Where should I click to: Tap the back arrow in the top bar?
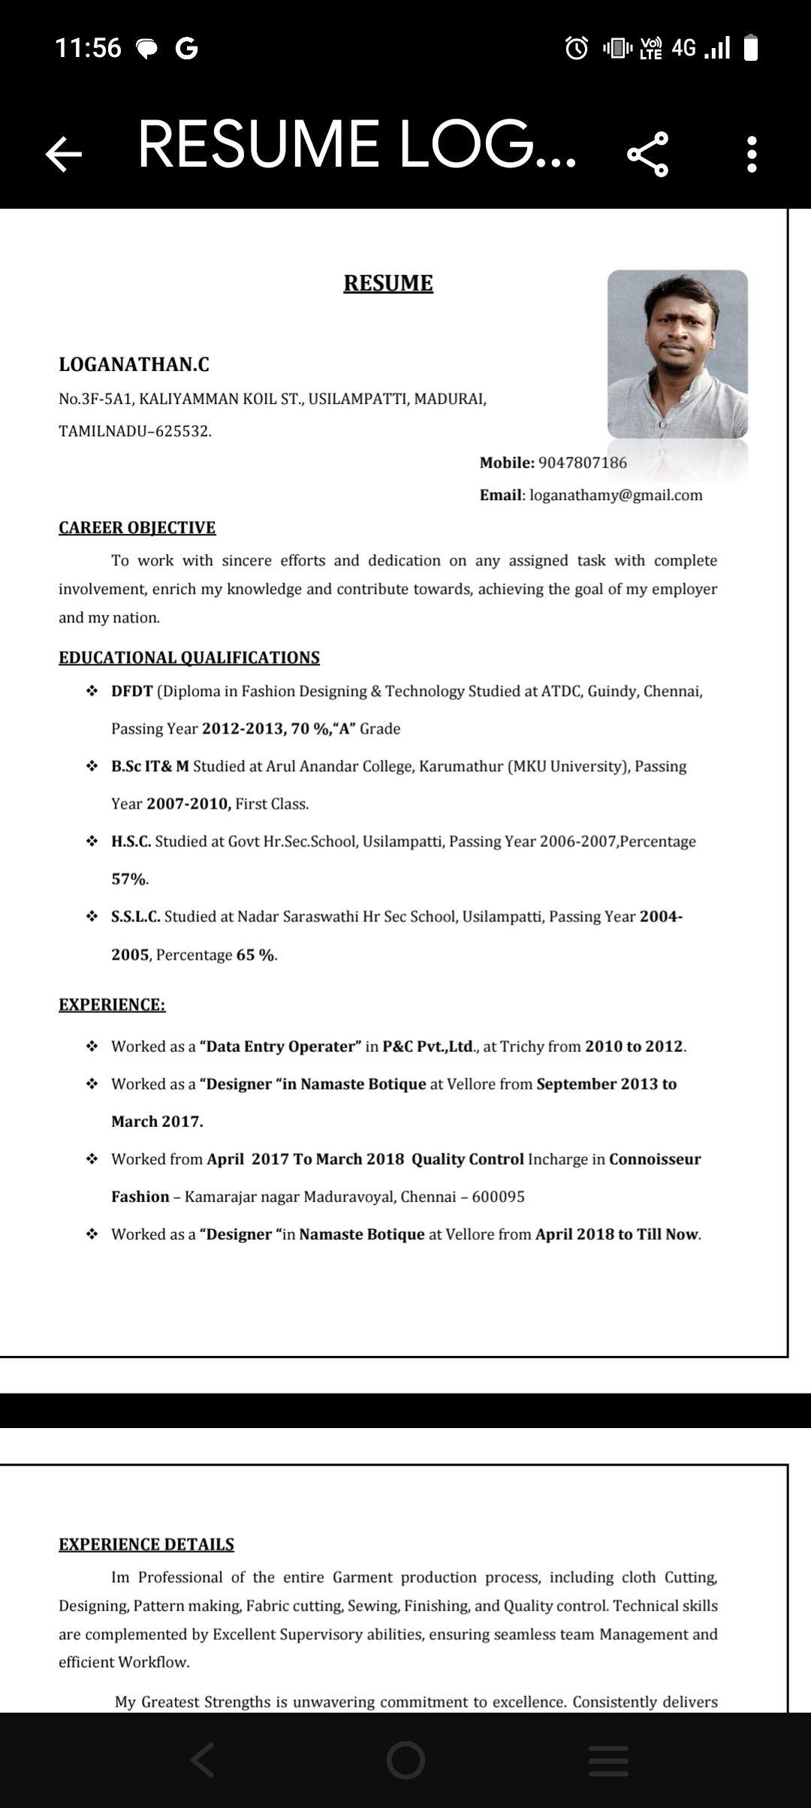click(x=64, y=154)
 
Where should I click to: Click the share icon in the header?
click(x=647, y=154)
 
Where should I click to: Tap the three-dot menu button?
click(x=752, y=154)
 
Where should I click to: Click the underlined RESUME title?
click(x=388, y=283)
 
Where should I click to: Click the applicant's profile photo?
click(x=677, y=354)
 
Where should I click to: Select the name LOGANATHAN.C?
click(x=134, y=365)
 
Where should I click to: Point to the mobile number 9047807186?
click(x=583, y=463)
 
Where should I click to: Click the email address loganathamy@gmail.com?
click(x=616, y=495)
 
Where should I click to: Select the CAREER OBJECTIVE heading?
click(x=137, y=528)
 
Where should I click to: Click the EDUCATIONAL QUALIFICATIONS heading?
click(x=189, y=658)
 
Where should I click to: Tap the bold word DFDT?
click(x=132, y=692)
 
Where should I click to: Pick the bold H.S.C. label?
click(x=131, y=842)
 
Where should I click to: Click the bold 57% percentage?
click(x=129, y=879)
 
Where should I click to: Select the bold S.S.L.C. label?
click(x=136, y=917)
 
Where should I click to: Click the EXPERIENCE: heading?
click(x=112, y=1005)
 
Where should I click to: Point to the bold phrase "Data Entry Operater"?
click(x=281, y=1047)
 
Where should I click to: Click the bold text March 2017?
click(x=157, y=1122)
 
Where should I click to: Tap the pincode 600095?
click(x=498, y=1197)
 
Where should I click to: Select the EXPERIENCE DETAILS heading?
click(x=146, y=1544)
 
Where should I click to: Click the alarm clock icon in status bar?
click(x=577, y=48)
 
